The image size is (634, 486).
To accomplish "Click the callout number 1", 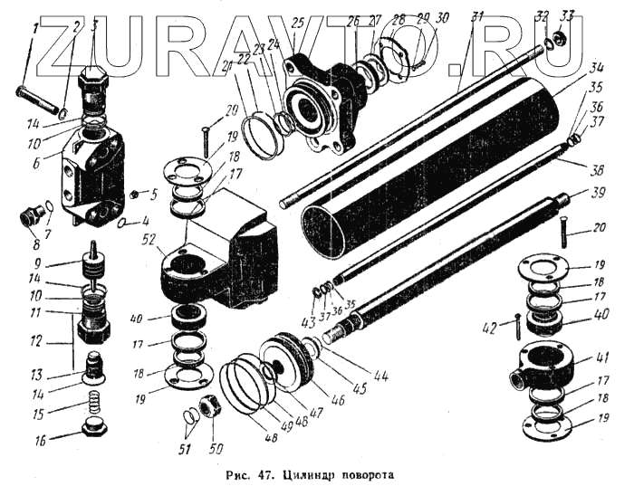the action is (x=35, y=28).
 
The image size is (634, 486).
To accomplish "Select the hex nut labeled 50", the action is (x=207, y=407).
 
